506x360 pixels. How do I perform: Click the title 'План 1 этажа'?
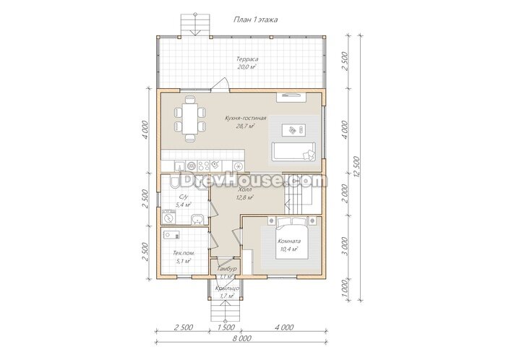pos(255,20)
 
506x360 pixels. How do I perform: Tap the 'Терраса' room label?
pos(247,59)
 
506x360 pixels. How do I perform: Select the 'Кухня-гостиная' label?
pos(246,118)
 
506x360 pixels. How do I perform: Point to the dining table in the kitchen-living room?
pos(189,119)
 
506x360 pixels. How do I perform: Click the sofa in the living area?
pos(293,151)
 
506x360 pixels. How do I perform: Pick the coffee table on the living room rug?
pos(293,130)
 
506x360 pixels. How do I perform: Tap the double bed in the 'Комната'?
pos(292,238)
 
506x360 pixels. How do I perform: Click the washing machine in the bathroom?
pos(168,217)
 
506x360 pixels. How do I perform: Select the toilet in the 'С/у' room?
pos(174,182)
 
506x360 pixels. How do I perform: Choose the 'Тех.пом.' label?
pos(184,253)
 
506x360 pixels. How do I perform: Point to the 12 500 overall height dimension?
pos(356,167)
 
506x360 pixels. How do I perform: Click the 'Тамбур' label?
pos(227,269)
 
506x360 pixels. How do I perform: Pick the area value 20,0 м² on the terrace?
pos(246,67)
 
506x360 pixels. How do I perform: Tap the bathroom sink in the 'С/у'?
pos(196,219)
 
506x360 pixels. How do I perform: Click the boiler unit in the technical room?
pos(171,234)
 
